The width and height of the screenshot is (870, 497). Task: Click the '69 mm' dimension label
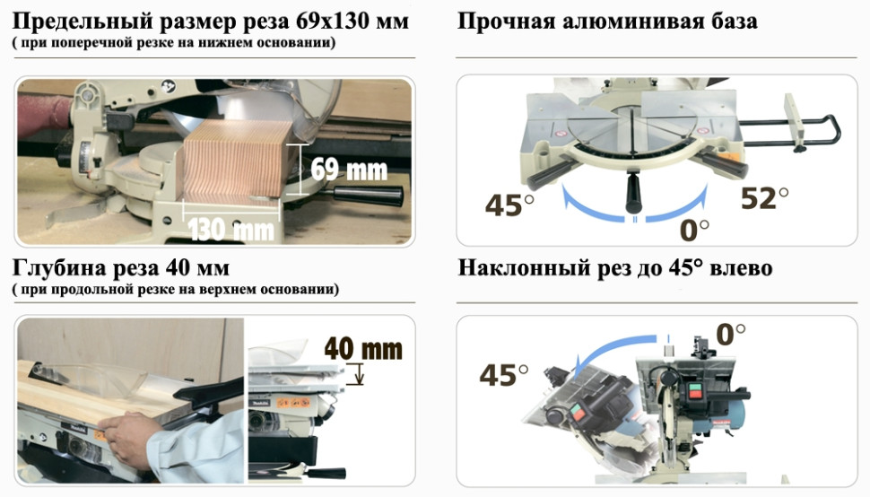349,169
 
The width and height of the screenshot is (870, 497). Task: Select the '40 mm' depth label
362,347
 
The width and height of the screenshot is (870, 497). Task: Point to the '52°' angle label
764,198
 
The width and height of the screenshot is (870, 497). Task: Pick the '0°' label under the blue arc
694,230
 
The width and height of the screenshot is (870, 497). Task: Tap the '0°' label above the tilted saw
729,336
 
